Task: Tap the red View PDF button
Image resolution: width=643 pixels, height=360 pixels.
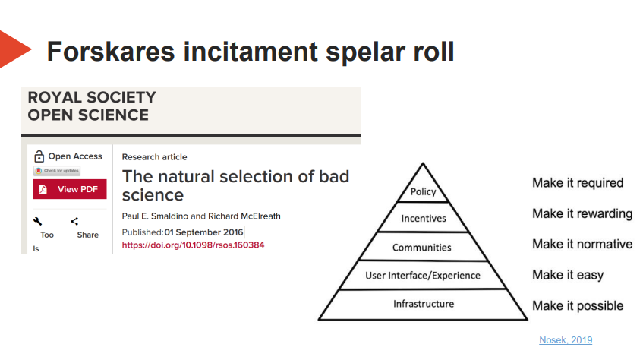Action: [x=70, y=189]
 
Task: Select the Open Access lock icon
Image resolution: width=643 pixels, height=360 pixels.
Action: [x=39, y=156]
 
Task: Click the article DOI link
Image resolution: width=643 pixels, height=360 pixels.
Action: [x=194, y=245]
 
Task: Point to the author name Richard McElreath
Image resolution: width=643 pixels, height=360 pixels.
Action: [x=244, y=216]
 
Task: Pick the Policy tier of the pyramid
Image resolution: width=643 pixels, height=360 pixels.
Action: [x=424, y=191]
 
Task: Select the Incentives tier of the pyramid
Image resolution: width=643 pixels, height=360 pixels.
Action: [x=424, y=219]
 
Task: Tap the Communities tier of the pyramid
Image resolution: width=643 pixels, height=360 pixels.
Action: [x=422, y=248]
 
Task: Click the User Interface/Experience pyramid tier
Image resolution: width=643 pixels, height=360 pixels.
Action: [x=424, y=275]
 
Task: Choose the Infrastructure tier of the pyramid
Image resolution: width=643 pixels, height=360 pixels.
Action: [x=424, y=304]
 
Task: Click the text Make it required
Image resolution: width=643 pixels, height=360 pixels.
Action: [x=578, y=183]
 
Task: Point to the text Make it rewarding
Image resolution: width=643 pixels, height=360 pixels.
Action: [x=582, y=213]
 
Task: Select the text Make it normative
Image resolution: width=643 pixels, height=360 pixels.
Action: [x=582, y=244]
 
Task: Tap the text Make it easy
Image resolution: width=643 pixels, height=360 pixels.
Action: [x=568, y=275]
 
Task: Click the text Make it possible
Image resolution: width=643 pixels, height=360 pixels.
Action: [x=578, y=305]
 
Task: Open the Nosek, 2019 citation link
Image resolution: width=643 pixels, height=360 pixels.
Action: [x=566, y=340]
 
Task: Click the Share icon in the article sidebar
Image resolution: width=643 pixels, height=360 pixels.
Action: [x=74, y=222]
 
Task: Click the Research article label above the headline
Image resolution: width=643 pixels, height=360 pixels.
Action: [x=154, y=157]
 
